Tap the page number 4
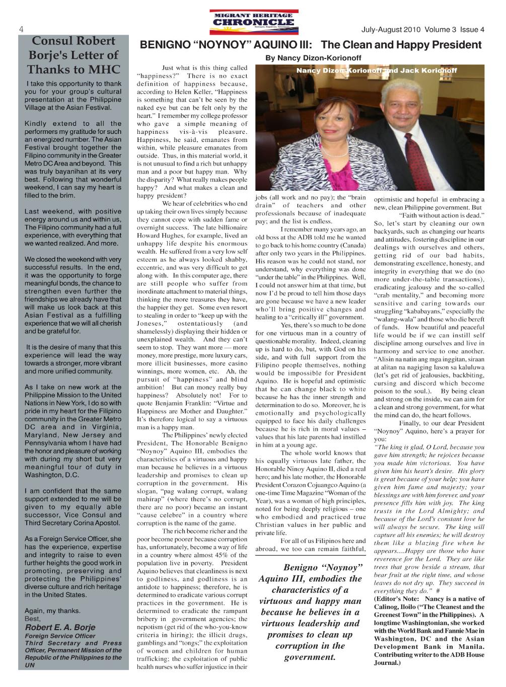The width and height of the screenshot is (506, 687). [21, 29]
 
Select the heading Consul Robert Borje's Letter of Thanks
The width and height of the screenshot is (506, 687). [74, 55]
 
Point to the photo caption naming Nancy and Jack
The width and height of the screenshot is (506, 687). [377, 70]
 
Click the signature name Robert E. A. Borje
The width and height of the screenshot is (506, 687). [60, 628]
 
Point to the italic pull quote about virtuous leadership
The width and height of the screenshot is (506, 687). [310, 612]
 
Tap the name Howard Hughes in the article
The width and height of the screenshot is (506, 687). [160, 236]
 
